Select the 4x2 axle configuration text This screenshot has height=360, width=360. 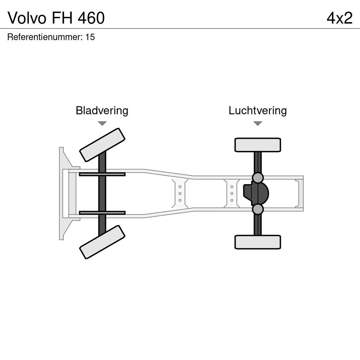pos(339,18)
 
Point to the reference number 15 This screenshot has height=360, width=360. pos(90,37)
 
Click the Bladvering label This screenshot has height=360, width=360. pos(102,110)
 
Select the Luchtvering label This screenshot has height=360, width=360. pos(258,110)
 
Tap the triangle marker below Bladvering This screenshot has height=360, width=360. pos(102,123)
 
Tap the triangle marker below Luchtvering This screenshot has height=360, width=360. pos(258,123)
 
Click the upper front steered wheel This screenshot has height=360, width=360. pos(102,145)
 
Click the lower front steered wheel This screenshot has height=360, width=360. pos(102,242)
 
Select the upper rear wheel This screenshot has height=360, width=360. pos(258,145)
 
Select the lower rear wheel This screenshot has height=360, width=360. pos(258,242)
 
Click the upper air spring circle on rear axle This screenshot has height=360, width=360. pos(258,178)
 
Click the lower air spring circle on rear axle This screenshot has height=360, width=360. pos(258,209)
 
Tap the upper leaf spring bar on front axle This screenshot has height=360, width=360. pos(102,174)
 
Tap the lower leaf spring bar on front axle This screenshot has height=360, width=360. pos(102,213)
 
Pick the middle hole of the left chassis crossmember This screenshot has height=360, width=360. pos(180,193)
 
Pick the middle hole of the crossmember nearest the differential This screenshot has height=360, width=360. pos(232,193)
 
